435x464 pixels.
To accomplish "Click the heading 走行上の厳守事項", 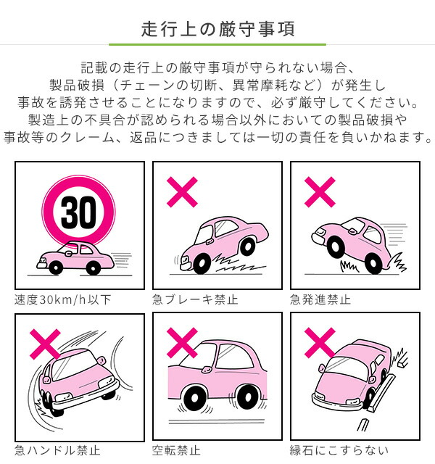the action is [217, 29].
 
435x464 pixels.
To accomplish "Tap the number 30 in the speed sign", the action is [78, 212].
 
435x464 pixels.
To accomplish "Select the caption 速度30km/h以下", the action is [63, 299].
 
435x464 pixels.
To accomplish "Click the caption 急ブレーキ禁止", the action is [195, 299].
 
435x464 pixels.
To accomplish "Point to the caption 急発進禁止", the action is [320, 299].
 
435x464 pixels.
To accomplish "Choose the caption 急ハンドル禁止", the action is [57, 450].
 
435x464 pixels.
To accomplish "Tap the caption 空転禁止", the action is [176, 450].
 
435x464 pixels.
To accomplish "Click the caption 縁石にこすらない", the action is [339, 450].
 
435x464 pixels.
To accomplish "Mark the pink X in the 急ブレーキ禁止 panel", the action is [182, 192].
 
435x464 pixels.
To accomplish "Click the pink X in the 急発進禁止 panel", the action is [320, 192].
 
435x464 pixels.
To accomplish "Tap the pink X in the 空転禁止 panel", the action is [182, 343].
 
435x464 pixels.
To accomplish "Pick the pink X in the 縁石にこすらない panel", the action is [320, 343].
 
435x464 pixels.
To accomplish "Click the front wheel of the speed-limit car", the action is [56, 268].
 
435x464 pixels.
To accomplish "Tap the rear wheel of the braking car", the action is [247, 246].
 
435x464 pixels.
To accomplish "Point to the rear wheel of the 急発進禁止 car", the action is [373, 263].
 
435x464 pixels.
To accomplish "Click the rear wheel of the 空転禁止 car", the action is [247, 397].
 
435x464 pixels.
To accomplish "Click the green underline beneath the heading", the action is [217, 44].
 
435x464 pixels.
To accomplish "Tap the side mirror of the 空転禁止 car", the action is [205, 369].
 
